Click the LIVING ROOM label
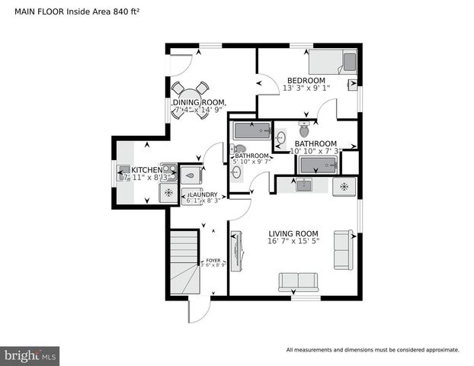[293, 233]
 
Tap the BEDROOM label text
[306, 81]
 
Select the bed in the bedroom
[332, 61]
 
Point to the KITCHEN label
[146, 169]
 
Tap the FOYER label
[213, 261]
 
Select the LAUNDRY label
[203, 195]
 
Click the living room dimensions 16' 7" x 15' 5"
[293, 242]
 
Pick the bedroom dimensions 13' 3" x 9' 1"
[306, 88]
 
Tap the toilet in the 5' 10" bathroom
[240, 149]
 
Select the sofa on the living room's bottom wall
[297, 281]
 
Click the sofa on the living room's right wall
[343, 249]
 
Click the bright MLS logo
[30, 356]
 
